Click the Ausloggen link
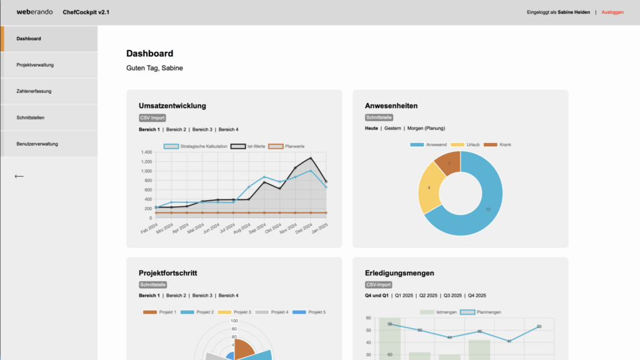612,12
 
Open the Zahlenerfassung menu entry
34,91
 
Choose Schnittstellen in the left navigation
31,117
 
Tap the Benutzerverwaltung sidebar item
37,144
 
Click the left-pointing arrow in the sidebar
19,176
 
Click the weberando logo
34,12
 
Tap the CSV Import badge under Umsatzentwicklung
152,117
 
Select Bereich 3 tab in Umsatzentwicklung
202,129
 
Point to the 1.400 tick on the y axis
146,152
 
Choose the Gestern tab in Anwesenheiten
392,128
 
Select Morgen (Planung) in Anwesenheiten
426,128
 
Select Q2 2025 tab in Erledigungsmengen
428,296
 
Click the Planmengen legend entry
488,312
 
